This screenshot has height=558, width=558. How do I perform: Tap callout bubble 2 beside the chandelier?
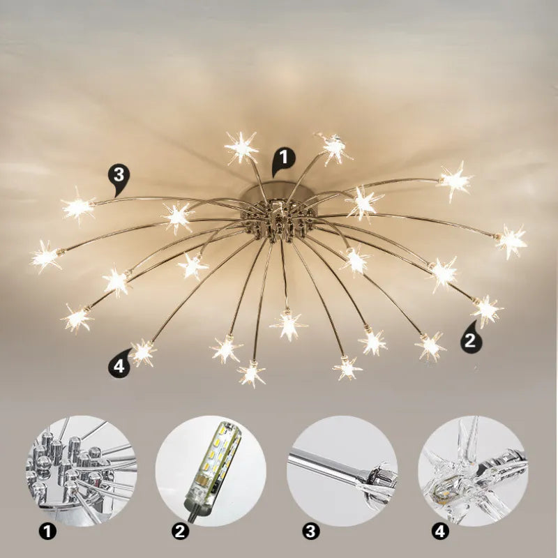click(472, 340)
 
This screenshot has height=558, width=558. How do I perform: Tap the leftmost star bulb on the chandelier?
click(45, 257)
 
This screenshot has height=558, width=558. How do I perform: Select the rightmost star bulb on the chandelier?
click(511, 240)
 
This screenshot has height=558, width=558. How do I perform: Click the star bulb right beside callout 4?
click(143, 352)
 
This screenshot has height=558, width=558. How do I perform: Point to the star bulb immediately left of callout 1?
click(241, 147)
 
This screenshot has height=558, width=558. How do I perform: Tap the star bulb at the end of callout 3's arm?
click(77, 207)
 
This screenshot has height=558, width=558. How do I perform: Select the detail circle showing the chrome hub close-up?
click(82, 471)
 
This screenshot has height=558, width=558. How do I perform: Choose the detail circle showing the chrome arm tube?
click(342, 471)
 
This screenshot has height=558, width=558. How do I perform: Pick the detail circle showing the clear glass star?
click(473, 471)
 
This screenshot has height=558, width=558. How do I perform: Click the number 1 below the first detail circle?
click(47, 532)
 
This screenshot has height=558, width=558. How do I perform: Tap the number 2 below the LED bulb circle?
click(181, 532)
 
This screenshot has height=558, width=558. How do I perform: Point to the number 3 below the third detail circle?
click(311, 532)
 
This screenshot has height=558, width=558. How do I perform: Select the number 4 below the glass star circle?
click(440, 532)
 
